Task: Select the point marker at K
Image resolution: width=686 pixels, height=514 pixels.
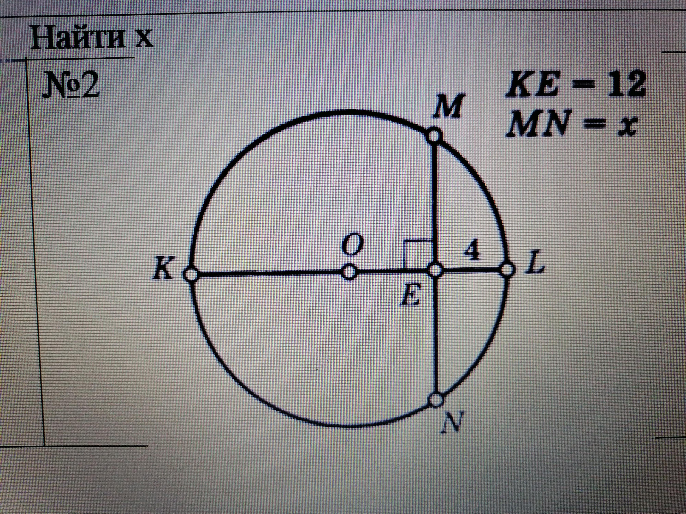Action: coord(190,274)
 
